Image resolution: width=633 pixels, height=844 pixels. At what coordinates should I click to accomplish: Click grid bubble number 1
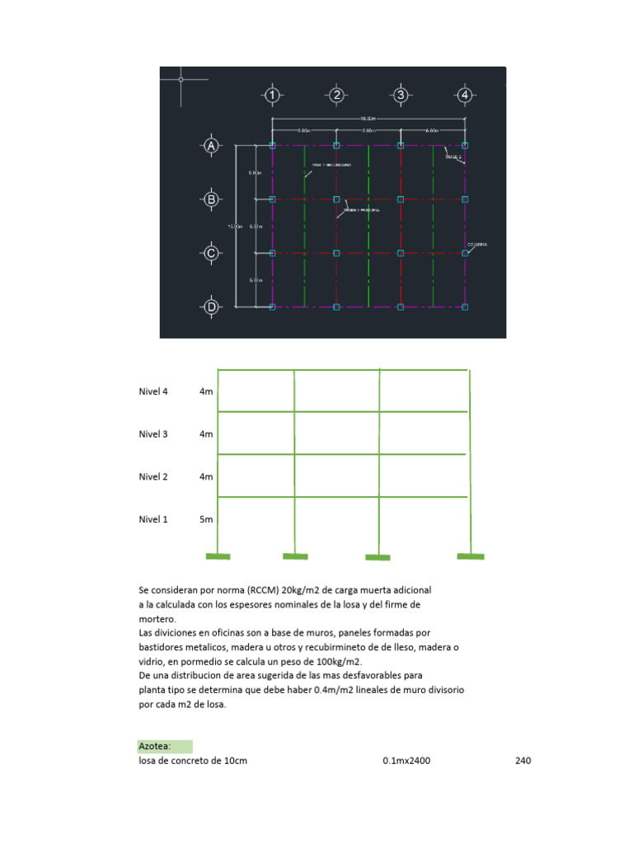click(x=273, y=96)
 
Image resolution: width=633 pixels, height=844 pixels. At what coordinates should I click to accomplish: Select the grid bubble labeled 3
click(x=401, y=96)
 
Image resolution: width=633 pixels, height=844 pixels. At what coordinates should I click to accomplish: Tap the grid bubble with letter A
click(x=211, y=146)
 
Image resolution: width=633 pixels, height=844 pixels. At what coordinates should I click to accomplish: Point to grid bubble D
click(x=211, y=307)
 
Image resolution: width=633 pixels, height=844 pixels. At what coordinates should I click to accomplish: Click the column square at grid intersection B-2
click(x=336, y=199)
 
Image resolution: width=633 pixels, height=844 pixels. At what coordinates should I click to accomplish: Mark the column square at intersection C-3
click(x=401, y=253)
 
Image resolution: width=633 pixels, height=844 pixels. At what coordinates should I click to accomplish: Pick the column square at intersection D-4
click(x=465, y=307)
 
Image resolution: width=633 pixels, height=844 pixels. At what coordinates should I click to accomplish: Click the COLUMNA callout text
click(x=476, y=245)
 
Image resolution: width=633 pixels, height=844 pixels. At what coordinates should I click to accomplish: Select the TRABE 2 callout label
click(x=454, y=156)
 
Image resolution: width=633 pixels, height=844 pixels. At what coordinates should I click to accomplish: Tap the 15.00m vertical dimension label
click(x=234, y=226)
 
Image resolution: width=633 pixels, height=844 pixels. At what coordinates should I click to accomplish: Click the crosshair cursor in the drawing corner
click(x=181, y=79)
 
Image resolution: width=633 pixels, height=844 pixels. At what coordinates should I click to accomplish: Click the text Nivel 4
click(x=153, y=392)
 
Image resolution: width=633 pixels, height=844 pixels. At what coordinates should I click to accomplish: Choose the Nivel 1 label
click(x=153, y=519)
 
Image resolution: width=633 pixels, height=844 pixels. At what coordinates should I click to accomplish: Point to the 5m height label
click(x=206, y=519)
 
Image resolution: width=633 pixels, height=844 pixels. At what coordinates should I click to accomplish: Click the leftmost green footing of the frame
click(x=218, y=557)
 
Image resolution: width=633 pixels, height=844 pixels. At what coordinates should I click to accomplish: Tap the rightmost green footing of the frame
click(x=471, y=557)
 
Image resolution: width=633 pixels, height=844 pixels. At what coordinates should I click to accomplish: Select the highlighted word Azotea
click(x=154, y=747)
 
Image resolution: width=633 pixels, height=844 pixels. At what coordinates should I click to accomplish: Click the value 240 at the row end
click(x=523, y=761)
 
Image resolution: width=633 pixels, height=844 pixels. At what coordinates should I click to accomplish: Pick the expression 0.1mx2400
click(x=406, y=761)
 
